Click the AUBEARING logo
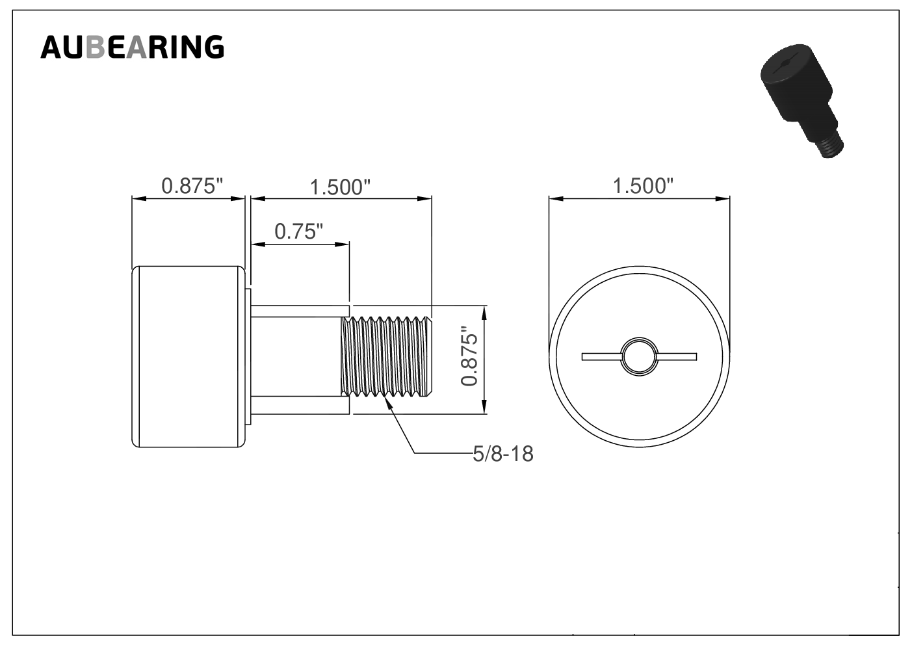click(133, 47)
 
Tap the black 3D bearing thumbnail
click(801, 101)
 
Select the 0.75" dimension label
click(298, 231)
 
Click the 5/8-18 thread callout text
click(503, 454)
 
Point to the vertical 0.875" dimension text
click(469, 356)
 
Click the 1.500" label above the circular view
click(643, 186)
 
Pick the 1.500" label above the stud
click(340, 187)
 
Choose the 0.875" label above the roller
click(192, 186)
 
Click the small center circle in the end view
click(639, 356)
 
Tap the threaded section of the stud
click(386, 356)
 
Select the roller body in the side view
click(189, 357)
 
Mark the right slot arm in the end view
click(676, 357)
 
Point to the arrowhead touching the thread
click(389, 403)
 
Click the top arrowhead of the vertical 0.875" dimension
click(484, 313)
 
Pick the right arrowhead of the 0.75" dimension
click(342, 244)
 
